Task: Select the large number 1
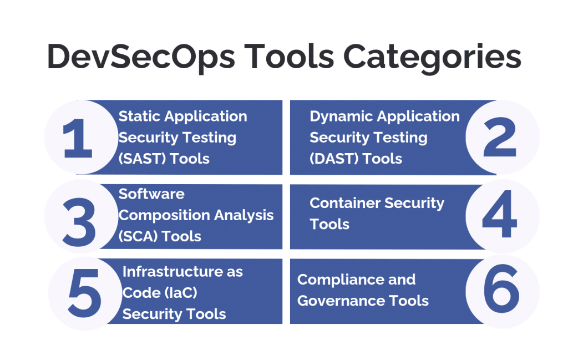click(78, 138)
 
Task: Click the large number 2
click(500, 138)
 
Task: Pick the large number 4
click(500, 216)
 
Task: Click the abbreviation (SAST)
click(143, 159)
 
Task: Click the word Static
click(140, 116)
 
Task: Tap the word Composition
click(165, 215)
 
